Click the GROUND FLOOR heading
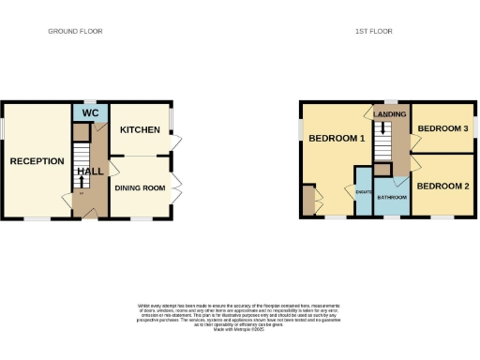(x=75, y=31)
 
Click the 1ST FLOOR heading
(x=372, y=31)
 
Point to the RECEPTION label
(x=37, y=161)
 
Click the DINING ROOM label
(x=140, y=187)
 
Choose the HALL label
(x=91, y=172)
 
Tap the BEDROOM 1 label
(x=336, y=139)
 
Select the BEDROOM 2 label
(x=442, y=186)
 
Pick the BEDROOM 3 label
(x=442, y=128)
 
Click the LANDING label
(x=390, y=114)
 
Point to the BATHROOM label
(x=392, y=198)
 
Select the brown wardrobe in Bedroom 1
(x=308, y=200)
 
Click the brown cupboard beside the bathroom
(x=382, y=169)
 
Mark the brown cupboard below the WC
(x=82, y=130)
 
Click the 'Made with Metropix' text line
(x=240, y=329)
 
